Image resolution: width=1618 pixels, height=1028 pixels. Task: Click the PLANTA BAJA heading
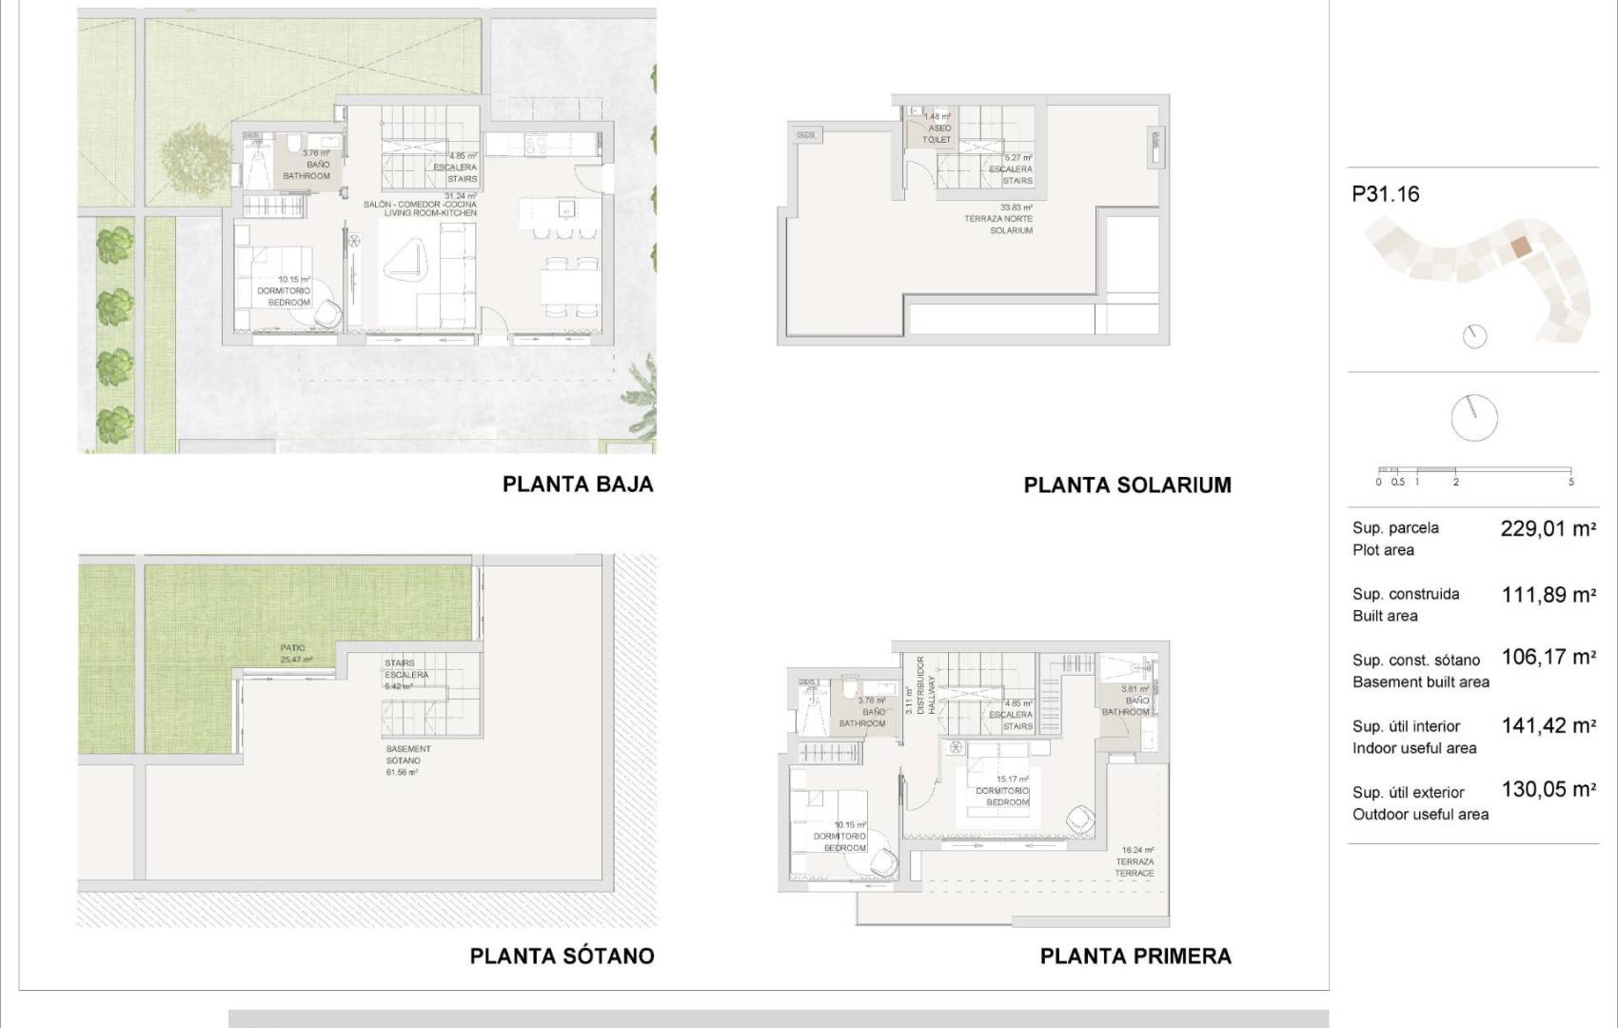(578, 484)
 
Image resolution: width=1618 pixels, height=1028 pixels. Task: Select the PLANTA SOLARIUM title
(1127, 485)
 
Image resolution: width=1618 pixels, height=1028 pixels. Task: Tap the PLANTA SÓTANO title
(562, 956)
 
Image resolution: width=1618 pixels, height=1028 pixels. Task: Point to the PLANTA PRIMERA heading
(1135, 956)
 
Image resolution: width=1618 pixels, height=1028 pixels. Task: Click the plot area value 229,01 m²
(1548, 529)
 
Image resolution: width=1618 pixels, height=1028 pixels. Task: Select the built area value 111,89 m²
(1548, 595)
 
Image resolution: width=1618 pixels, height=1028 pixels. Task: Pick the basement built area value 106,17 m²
(1548, 657)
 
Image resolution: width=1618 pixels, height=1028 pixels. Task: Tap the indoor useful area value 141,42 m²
(1548, 726)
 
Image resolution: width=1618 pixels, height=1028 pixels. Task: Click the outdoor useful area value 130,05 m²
(1548, 789)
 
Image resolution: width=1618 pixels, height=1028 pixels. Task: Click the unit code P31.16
(1385, 194)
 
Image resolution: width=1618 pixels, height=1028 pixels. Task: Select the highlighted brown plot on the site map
(1521, 247)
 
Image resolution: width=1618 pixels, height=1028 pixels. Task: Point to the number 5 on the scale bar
(1570, 482)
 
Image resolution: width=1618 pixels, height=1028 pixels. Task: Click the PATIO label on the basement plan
(293, 648)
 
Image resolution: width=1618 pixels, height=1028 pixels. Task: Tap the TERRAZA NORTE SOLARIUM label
(1011, 225)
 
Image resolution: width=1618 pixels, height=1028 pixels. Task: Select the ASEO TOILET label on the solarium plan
(937, 133)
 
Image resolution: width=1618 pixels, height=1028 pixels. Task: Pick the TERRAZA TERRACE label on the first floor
(1135, 867)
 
